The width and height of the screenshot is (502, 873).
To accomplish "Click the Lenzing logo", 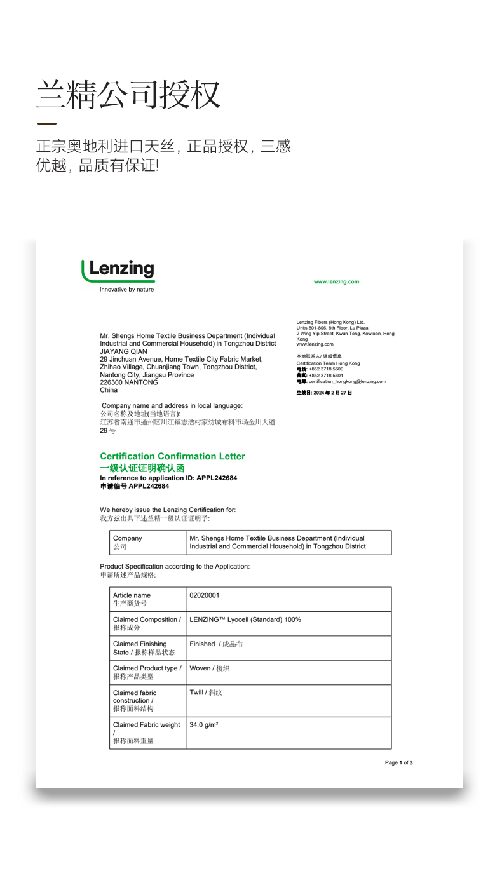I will click(x=118, y=271).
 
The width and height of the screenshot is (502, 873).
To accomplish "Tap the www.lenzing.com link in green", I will click(x=336, y=281).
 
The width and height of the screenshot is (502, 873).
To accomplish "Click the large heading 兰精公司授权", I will click(x=128, y=95).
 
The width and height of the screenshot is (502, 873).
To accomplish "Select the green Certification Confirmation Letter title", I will click(x=172, y=456).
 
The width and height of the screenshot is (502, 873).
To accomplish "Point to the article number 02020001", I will click(x=205, y=595).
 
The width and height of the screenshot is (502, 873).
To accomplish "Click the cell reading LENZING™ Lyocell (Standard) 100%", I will click(x=245, y=619).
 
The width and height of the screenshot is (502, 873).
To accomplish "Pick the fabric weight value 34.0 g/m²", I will click(x=204, y=724).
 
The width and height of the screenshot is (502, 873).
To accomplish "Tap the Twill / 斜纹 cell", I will click(x=206, y=693).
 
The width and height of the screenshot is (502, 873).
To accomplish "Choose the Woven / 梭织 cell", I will click(x=210, y=668).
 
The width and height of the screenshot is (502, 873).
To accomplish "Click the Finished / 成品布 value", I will click(x=216, y=644).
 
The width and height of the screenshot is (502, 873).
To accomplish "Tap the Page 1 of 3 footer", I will click(x=398, y=762).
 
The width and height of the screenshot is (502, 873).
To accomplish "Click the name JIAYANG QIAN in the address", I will click(x=123, y=351).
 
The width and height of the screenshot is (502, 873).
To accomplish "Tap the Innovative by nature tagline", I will click(x=126, y=290).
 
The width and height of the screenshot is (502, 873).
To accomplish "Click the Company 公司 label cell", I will click(x=128, y=542).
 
